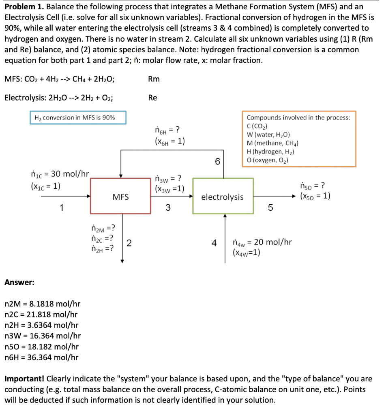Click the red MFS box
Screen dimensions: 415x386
click(120, 197)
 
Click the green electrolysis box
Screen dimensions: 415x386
click(223, 197)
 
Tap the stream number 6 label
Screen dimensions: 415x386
click(217, 162)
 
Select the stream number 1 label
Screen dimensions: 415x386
click(61, 208)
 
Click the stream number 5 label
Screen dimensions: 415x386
click(271, 208)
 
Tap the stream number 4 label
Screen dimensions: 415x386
click(214, 243)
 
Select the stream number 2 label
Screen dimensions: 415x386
click(129, 243)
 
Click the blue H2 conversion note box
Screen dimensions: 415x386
click(78, 118)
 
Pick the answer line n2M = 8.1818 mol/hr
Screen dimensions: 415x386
click(42, 304)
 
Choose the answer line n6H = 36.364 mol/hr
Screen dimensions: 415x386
click(41, 357)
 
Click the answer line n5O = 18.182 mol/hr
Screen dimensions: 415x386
click(41, 347)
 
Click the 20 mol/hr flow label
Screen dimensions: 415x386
click(262, 242)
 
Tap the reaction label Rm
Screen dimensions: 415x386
click(154, 79)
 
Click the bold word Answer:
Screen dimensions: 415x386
click(19, 282)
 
